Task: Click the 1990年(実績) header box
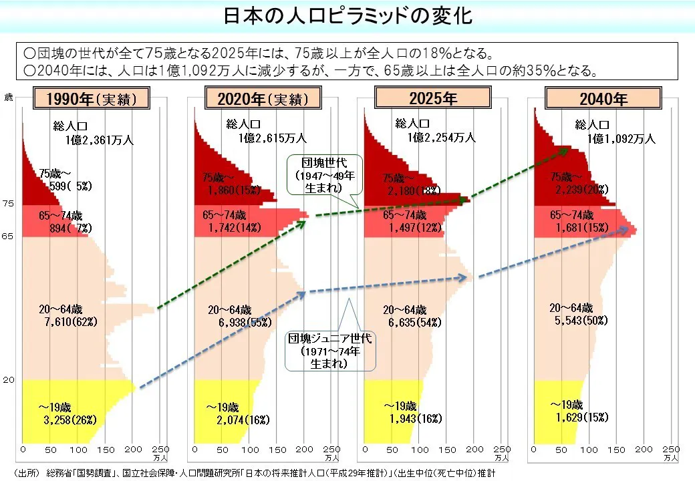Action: (x=91, y=100)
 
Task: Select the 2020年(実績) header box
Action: (x=263, y=100)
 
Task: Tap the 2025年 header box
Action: (x=434, y=99)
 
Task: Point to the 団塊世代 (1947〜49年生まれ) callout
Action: (x=323, y=175)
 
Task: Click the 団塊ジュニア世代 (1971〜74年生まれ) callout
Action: (x=329, y=351)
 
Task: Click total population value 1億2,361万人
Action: (x=100, y=140)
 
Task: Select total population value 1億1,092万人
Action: (x=621, y=139)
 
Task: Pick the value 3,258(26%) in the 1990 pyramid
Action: (x=70, y=420)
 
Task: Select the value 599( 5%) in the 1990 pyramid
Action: (x=69, y=187)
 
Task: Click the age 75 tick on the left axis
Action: (x=8, y=203)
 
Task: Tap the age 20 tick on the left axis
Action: (x=8, y=380)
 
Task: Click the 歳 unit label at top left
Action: (x=9, y=98)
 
